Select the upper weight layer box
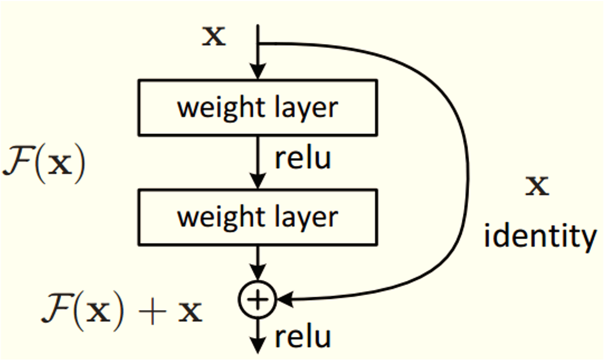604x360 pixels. (x=258, y=107)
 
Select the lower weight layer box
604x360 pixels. (x=258, y=217)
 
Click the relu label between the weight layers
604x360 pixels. (x=302, y=159)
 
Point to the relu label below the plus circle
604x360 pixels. (x=302, y=337)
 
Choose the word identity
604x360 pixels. (x=540, y=236)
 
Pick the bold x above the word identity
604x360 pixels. (x=537, y=186)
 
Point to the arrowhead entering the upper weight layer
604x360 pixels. (x=258, y=73)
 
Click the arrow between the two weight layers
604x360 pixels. (x=258, y=161)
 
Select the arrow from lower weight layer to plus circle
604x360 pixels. (x=258, y=263)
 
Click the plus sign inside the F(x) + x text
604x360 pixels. (x=156, y=312)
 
